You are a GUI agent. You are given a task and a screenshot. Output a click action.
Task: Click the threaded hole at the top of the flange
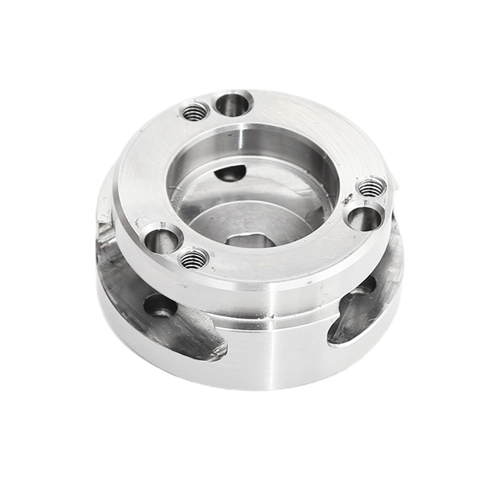tap(196, 112)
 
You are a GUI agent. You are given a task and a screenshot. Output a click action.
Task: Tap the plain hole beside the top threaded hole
tap(232, 102)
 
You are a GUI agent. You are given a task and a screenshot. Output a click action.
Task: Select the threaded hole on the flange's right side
tap(371, 188)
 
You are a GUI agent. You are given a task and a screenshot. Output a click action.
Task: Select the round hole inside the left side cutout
tap(160, 307)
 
